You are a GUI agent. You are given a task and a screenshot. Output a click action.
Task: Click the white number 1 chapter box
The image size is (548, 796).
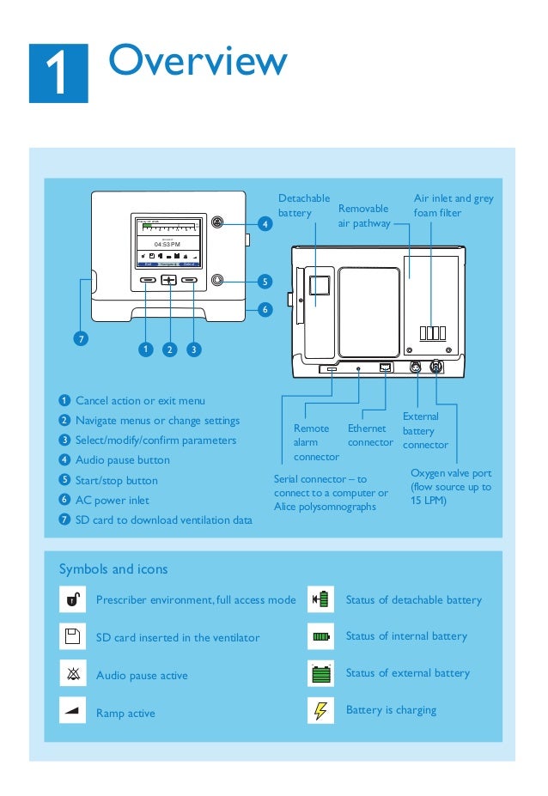tap(58, 73)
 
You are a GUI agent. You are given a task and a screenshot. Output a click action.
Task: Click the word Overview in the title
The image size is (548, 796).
tap(198, 61)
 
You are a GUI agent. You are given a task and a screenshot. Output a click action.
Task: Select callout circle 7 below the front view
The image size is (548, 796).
tap(81, 338)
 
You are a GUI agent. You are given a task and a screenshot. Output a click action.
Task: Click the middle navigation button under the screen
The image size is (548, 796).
tap(168, 280)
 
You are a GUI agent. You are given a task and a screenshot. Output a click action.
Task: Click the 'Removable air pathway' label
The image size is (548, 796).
tap(363, 216)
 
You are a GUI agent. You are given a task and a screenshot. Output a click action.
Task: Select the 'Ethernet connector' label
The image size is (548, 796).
tap(370, 435)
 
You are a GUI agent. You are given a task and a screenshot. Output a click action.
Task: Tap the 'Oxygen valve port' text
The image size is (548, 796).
tap(451, 473)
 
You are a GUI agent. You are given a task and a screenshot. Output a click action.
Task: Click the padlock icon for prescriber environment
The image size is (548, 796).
tap(72, 599)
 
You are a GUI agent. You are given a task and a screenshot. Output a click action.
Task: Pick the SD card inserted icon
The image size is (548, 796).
tap(72, 636)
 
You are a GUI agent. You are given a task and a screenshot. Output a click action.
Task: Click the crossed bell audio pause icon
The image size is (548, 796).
tap(72, 674)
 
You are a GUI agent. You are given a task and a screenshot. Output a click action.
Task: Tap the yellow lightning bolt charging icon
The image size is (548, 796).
tap(320, 711)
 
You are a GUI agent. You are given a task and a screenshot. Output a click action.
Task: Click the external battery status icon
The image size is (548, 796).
tap(320, 674)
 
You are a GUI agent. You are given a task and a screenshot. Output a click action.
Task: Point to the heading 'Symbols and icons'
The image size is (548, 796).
tap(113, 569)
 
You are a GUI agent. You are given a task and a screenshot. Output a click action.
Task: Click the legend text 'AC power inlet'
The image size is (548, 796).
tap(113, 500)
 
